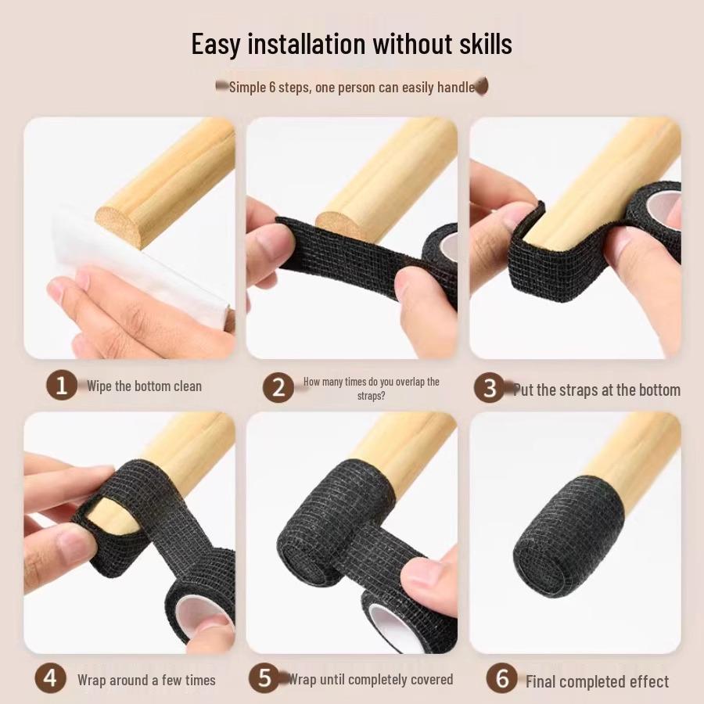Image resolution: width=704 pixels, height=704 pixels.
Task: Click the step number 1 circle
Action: click(61, 386)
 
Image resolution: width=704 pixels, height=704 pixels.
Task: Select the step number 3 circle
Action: click(490, 389)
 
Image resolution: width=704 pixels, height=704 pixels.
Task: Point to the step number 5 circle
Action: click(265, 678)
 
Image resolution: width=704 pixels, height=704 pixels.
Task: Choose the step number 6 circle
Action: click(501, 678)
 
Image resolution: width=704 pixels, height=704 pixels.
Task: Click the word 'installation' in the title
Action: click(307, 44)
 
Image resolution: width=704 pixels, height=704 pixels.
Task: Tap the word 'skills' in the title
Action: click(481, 44)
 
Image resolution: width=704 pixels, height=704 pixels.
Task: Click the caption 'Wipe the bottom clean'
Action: click(144, 386)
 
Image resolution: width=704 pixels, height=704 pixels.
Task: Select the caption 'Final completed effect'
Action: click(597, 681)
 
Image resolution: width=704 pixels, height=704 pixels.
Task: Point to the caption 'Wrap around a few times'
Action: click(146, 680)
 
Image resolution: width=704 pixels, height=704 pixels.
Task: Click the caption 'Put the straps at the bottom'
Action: click(597, 390)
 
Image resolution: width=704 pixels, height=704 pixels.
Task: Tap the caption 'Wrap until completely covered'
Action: click(371, 679)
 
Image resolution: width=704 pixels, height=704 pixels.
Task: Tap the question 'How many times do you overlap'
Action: click(371, 382)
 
